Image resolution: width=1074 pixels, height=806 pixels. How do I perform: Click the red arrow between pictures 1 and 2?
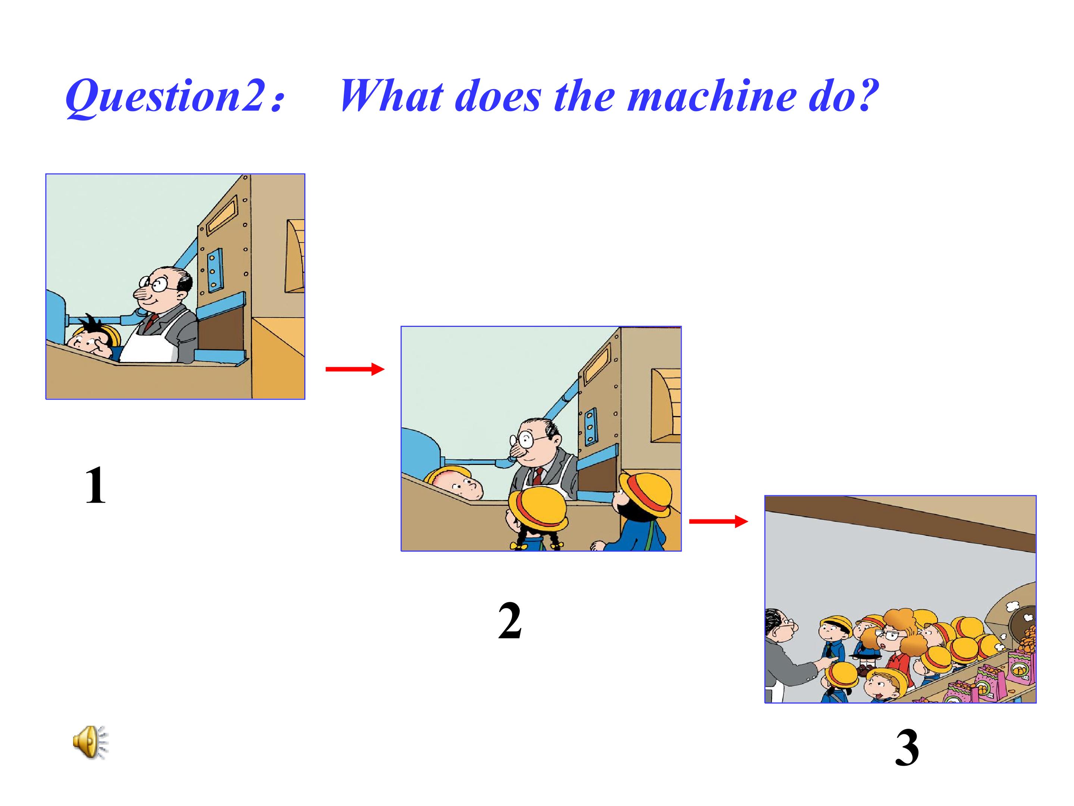tap(354, 370)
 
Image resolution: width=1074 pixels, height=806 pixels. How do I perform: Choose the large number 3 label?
tap(907, 748)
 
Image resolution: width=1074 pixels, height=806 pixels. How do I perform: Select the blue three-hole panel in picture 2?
tap(590, 426)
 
